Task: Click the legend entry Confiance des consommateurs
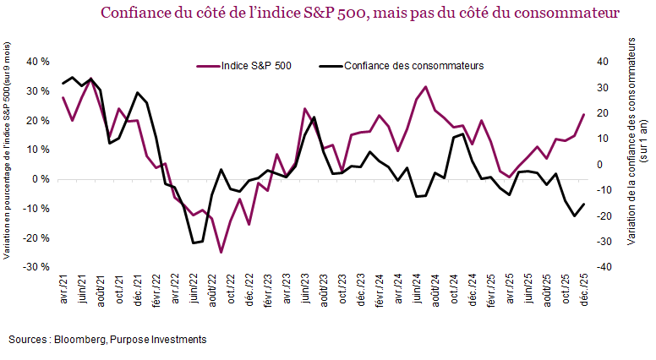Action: (413, 66)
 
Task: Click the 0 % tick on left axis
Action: (40, 179)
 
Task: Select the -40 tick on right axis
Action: (604, 267)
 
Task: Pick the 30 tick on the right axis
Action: (604, 87)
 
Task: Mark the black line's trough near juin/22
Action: (194, 243)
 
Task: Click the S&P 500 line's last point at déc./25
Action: (582, 115)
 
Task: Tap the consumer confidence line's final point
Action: (582, 204)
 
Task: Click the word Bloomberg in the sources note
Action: (80, 339)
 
